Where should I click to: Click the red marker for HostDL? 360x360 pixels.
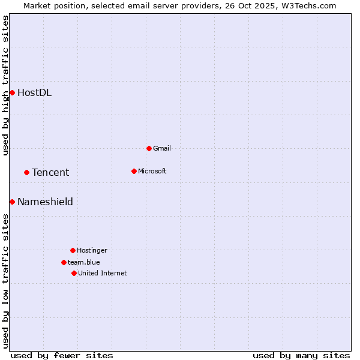coord(12,92)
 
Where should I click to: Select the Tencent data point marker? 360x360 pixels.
coord(26,172)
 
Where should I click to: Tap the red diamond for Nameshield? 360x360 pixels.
coord(12,202)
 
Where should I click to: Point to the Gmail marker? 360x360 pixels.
coord(149,148)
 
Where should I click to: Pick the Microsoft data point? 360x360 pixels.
coord(134,171)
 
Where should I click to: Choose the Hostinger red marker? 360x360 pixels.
coord(73,250)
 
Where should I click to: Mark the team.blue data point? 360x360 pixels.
coord(64,262)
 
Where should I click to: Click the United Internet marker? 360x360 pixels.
coord(74,273)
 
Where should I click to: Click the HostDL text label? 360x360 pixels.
coord(34,92)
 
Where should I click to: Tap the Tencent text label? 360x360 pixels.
coord(50,172)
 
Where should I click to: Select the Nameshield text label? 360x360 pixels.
coord(45,202)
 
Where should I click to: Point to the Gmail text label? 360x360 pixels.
coord(162,148)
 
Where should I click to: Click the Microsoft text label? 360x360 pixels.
coord(152,171)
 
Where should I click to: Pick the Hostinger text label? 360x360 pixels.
coord(92,250)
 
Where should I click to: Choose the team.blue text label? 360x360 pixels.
coord(84,262)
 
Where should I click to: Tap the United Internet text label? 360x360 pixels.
coord(102,273)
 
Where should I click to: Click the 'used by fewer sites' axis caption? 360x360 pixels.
coord(62,355)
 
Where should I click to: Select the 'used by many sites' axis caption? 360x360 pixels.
coord(301,355)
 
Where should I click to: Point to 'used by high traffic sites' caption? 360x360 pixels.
coord(5,85)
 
